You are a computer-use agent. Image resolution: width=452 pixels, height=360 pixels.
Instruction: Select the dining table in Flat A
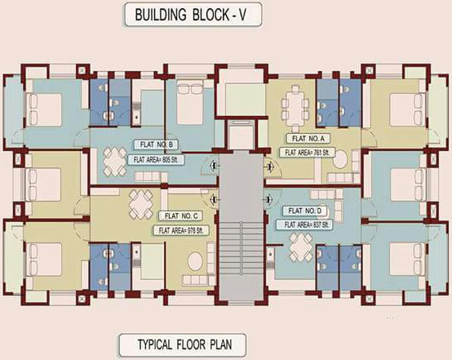(294, 104)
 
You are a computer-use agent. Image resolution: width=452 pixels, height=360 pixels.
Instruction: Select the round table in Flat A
(339, 159)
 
